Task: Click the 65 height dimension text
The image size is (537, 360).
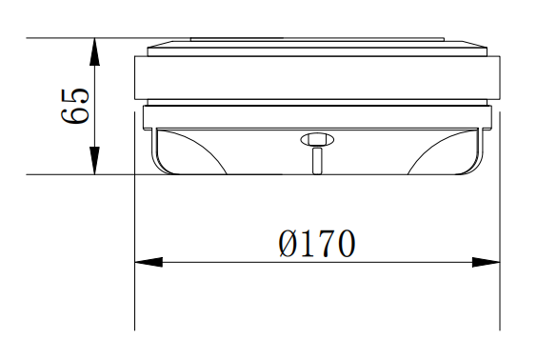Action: tap(75, 107)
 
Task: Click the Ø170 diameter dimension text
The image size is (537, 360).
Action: tap(317, 244)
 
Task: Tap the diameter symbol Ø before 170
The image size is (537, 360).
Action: tap(288, 244)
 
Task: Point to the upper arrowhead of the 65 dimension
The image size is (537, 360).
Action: tap(94, 51)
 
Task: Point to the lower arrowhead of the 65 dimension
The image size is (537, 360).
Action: tap(94, 160)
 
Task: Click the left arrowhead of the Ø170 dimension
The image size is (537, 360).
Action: tap(149, 262)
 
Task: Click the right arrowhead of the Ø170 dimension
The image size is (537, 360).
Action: tap(486, 262)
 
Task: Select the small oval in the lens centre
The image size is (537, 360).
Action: tap(317, 139)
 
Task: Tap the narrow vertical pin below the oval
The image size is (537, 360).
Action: tap(317, 161)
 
